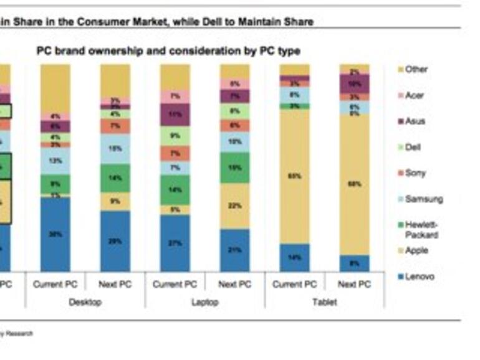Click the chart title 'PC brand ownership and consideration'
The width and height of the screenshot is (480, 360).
point(168,51)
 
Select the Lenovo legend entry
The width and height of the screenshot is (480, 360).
point(419,277)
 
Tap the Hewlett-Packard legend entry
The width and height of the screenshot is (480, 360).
point(421,229)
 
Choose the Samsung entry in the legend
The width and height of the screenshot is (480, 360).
point(423,199)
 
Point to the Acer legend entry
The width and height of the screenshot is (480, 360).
point(415,95)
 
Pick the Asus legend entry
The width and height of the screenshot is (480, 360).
point(415,121)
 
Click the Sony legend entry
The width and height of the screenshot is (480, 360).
point(416,173)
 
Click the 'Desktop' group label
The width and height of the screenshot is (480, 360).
point(85,302)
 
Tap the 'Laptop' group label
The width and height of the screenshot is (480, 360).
point(205,302)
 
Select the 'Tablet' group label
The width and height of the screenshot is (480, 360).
point(324,302)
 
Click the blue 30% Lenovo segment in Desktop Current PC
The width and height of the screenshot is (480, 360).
point(55,234)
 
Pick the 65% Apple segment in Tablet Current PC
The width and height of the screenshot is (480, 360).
point(294,176)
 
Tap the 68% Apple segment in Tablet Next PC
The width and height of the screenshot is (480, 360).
point(354,184)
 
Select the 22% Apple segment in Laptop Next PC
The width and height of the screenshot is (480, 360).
point(234,206)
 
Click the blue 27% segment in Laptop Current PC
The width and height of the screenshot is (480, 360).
point(175,243)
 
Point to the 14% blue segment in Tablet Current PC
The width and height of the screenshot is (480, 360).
point(294,257)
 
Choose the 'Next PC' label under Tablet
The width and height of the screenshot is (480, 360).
point(354,285)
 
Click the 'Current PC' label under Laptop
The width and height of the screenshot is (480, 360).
point(175,285)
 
